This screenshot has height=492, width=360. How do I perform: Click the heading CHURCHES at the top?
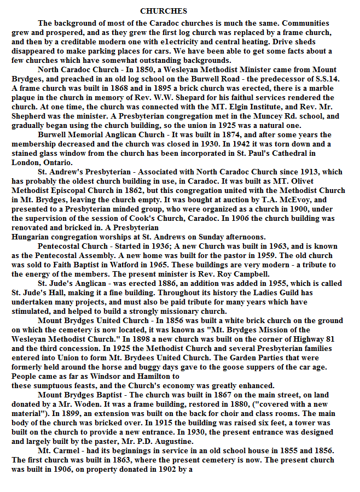point(164,11)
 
